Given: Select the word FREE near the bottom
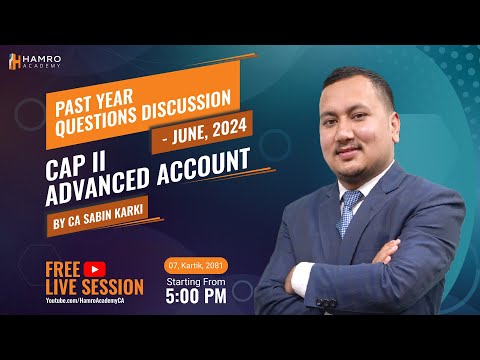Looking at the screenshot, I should point(64,268).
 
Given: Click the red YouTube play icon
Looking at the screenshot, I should point(96,268).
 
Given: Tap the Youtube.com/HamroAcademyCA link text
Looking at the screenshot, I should point(87,300).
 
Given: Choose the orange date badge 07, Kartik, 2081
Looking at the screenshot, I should point(195,264).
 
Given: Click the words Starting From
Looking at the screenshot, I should point(195,282).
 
